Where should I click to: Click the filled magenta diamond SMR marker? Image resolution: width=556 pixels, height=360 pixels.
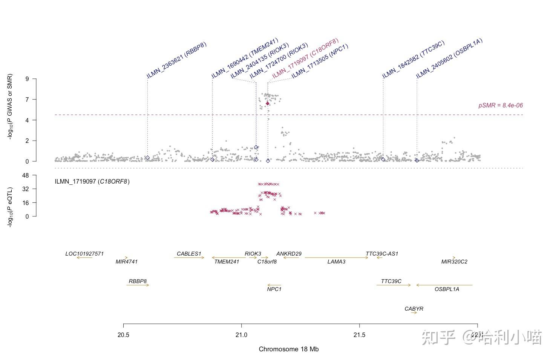coord(268,103)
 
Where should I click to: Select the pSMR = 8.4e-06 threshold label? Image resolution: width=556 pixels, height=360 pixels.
coord(500,106)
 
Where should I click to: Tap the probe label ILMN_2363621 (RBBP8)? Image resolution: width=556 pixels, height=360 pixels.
coord(177,60)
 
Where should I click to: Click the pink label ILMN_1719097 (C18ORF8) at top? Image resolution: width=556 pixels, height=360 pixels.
coord(305,58)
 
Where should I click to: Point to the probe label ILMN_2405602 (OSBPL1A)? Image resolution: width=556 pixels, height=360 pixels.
coord(449,58)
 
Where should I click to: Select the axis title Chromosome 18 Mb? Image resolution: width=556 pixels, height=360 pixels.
coord(288,349)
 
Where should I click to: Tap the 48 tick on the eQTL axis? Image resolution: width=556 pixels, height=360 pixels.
coord(25,175)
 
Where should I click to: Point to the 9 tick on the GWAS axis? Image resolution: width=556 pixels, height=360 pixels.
coord(27,79)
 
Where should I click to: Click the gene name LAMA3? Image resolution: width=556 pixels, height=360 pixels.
coord(336,262)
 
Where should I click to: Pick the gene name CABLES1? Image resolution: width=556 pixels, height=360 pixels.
coord(189,254)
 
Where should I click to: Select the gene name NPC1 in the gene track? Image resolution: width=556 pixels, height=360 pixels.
coord(274,289)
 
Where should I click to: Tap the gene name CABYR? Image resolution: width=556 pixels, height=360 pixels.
coord(414,309)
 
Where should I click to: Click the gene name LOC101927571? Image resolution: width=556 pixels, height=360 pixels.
coord(84,254)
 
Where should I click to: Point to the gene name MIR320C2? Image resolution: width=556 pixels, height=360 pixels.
coord(454,262)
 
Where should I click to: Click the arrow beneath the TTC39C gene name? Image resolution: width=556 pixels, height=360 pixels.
coord(394,285)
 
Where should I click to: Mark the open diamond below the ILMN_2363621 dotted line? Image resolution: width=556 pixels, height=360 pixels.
coord(147,158)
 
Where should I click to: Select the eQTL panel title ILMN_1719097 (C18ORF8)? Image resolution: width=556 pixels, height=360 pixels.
coord(92,182)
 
